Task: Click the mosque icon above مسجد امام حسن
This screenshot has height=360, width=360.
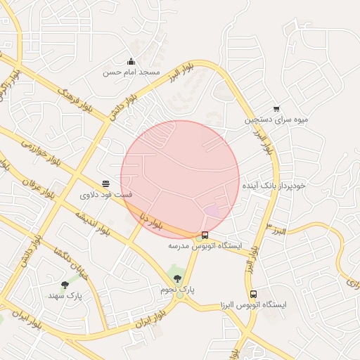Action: pos(131,62)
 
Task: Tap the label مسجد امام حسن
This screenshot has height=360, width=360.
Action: pos(131,72)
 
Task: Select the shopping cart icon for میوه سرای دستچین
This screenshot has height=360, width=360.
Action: pos(276,109)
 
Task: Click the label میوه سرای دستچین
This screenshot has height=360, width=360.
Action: pos(276,120)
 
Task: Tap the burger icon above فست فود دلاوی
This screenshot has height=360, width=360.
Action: pos(105,184)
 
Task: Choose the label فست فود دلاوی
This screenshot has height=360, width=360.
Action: pos(106,194)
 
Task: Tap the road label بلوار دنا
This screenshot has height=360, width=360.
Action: pos(151,219)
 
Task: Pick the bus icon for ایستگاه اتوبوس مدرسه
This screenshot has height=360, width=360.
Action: pos(205,236)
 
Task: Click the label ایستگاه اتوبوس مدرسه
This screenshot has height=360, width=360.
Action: pos(205,246)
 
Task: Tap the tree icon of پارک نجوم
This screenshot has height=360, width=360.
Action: pos(176,278)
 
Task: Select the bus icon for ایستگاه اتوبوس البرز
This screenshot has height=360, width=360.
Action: pos(253,294)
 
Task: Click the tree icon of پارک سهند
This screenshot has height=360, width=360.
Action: pos(65,285)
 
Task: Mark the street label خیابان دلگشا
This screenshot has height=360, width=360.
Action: pos(57,263)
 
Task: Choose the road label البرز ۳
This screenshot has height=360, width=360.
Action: pos(280,230)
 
